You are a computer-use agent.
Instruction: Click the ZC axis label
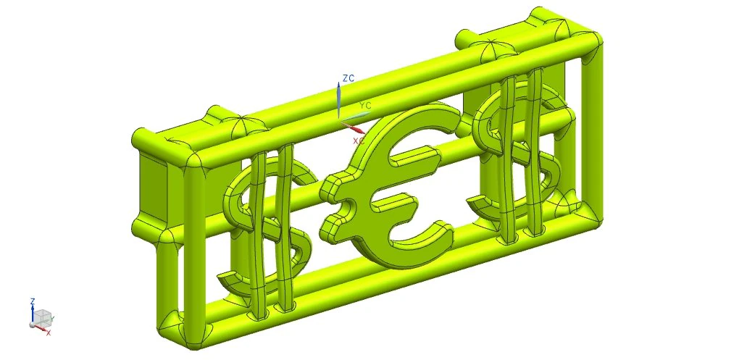point(348,78)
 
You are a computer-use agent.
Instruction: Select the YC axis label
point(365,105)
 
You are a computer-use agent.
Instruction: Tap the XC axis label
point(359,141)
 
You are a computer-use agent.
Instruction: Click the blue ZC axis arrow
point(338,101)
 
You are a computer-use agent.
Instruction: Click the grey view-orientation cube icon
point(43,317)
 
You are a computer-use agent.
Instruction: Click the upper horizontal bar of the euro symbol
point(414,156)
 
